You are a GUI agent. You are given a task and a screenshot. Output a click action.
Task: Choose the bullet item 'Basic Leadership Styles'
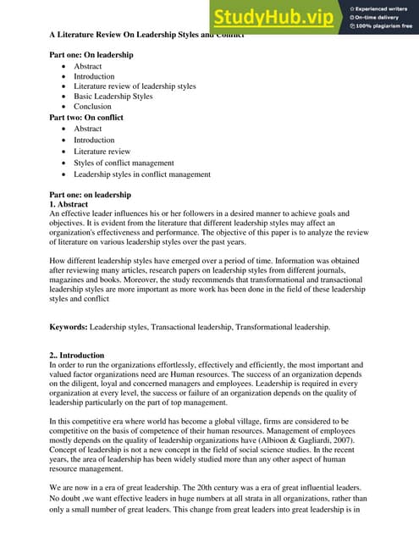coord(113,97)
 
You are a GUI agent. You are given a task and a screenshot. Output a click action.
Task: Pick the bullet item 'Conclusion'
coord(92,107)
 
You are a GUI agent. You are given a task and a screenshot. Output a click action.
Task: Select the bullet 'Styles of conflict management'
coord(124,162)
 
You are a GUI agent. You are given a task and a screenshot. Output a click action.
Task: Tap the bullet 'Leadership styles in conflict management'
coord(142,174)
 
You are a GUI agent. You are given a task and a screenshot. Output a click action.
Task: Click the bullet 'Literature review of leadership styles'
coord(135,86)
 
